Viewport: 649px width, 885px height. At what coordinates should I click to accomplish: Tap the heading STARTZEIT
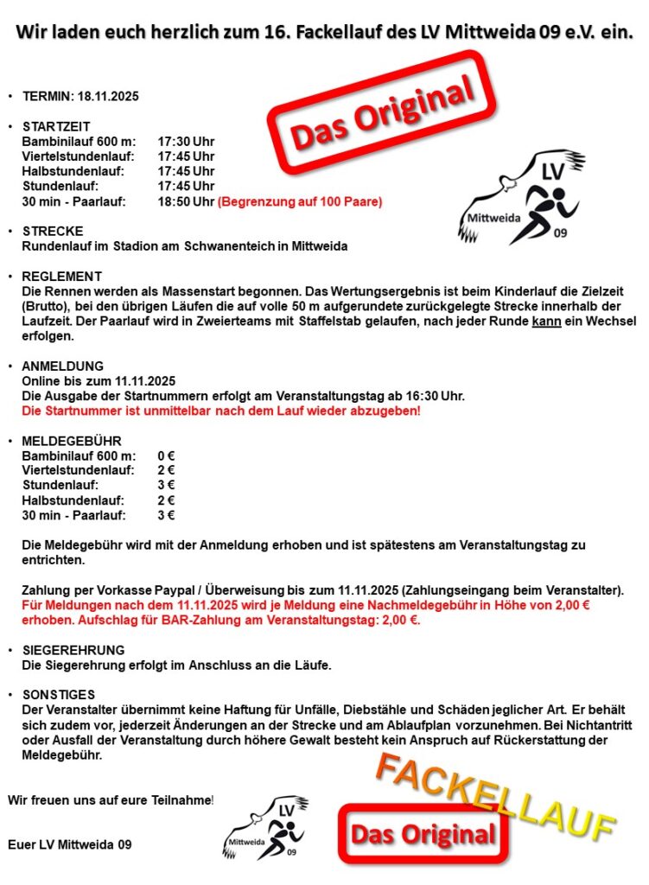point(56,126)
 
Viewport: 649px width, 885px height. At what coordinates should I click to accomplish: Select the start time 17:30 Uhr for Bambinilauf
point(185,141)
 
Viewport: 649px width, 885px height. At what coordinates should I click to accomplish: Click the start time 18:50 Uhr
point(185,201)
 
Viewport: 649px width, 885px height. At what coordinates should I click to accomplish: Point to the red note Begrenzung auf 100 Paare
point(299,201)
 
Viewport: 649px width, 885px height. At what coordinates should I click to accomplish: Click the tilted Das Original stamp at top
point(383,108)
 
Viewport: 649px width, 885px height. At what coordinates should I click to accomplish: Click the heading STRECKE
point(53,232)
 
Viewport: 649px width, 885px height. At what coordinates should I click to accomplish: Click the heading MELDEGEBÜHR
point(72,441)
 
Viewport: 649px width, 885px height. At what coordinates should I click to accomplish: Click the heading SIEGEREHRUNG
point(73,649)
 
